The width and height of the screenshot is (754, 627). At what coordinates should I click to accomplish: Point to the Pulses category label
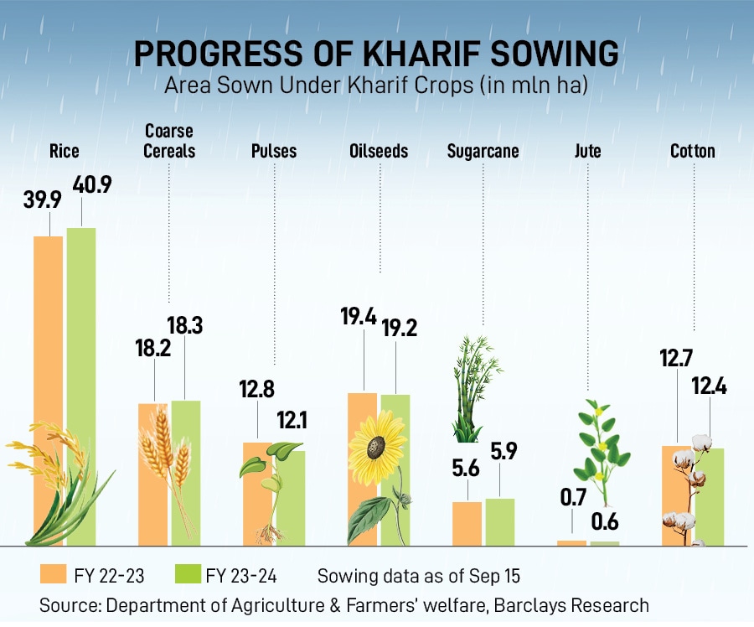[274, 152]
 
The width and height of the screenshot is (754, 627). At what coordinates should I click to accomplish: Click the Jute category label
[587, 152]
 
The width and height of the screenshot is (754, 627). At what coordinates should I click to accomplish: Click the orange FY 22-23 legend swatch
[53, 575]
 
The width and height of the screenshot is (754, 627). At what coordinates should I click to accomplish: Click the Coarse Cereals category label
[169, 141]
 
